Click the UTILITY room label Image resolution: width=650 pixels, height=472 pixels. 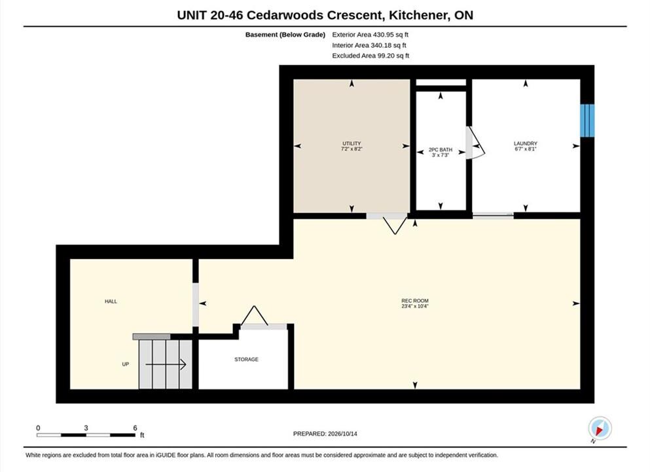tap(352, 144)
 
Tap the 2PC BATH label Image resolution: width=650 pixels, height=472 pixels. tap(441, 150)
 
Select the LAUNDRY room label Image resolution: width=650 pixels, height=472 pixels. tap(525, 144)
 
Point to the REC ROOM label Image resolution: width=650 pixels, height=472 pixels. tap(415, 301)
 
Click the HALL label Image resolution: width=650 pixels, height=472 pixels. tap(111, 302)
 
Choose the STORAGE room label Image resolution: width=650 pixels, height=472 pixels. tap(246, 359)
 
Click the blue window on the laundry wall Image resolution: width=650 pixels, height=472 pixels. tap(587, 121)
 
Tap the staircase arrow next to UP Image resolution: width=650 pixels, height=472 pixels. tap(166, 364)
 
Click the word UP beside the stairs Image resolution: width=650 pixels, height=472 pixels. tap(125, 364)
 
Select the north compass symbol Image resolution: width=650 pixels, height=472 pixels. tap(600, 428)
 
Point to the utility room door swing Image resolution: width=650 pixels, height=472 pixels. tap(395, 225)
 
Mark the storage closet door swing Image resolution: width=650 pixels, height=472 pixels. tap(254, 316)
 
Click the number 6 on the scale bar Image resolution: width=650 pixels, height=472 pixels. tap(135, 427)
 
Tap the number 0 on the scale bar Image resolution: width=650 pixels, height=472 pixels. tap(38, 427)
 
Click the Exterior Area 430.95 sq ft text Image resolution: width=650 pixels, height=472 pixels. tap(370, 35)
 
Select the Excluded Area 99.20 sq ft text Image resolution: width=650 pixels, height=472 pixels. tap(370, 56)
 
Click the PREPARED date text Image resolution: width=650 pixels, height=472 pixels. tap(325, 434)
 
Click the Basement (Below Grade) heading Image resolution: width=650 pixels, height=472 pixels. tap(285, 35)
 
